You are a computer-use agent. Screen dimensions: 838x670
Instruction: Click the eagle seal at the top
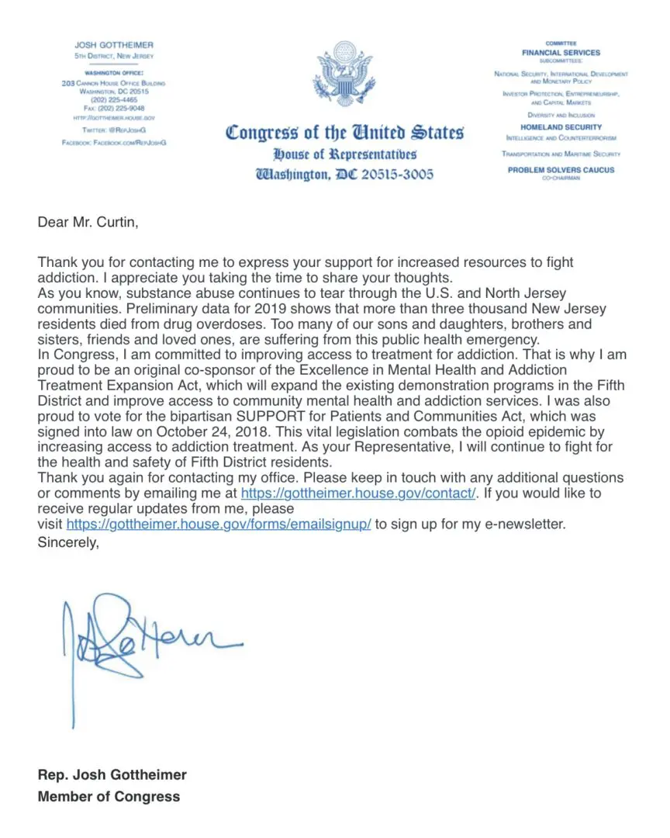click(344, 79)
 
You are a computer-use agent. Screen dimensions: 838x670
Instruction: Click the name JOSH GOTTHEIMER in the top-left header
click(114, 45)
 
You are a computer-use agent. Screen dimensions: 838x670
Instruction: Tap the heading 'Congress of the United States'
click(344, 132)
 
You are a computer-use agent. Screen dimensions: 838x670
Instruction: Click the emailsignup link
click(219, 525)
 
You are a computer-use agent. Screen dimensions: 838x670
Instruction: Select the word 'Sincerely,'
click(68, 542)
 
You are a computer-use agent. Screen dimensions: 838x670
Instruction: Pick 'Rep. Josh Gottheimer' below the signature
click(112, 774)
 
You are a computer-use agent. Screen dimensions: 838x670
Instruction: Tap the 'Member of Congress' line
click(109, 796)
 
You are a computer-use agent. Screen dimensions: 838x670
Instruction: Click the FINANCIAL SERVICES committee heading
click(561, 53)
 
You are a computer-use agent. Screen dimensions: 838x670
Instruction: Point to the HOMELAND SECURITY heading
click(561, 126)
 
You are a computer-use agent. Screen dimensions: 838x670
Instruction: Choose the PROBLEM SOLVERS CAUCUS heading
click(561, 170)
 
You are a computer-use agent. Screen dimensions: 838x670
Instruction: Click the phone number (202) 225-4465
click(113, 99)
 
